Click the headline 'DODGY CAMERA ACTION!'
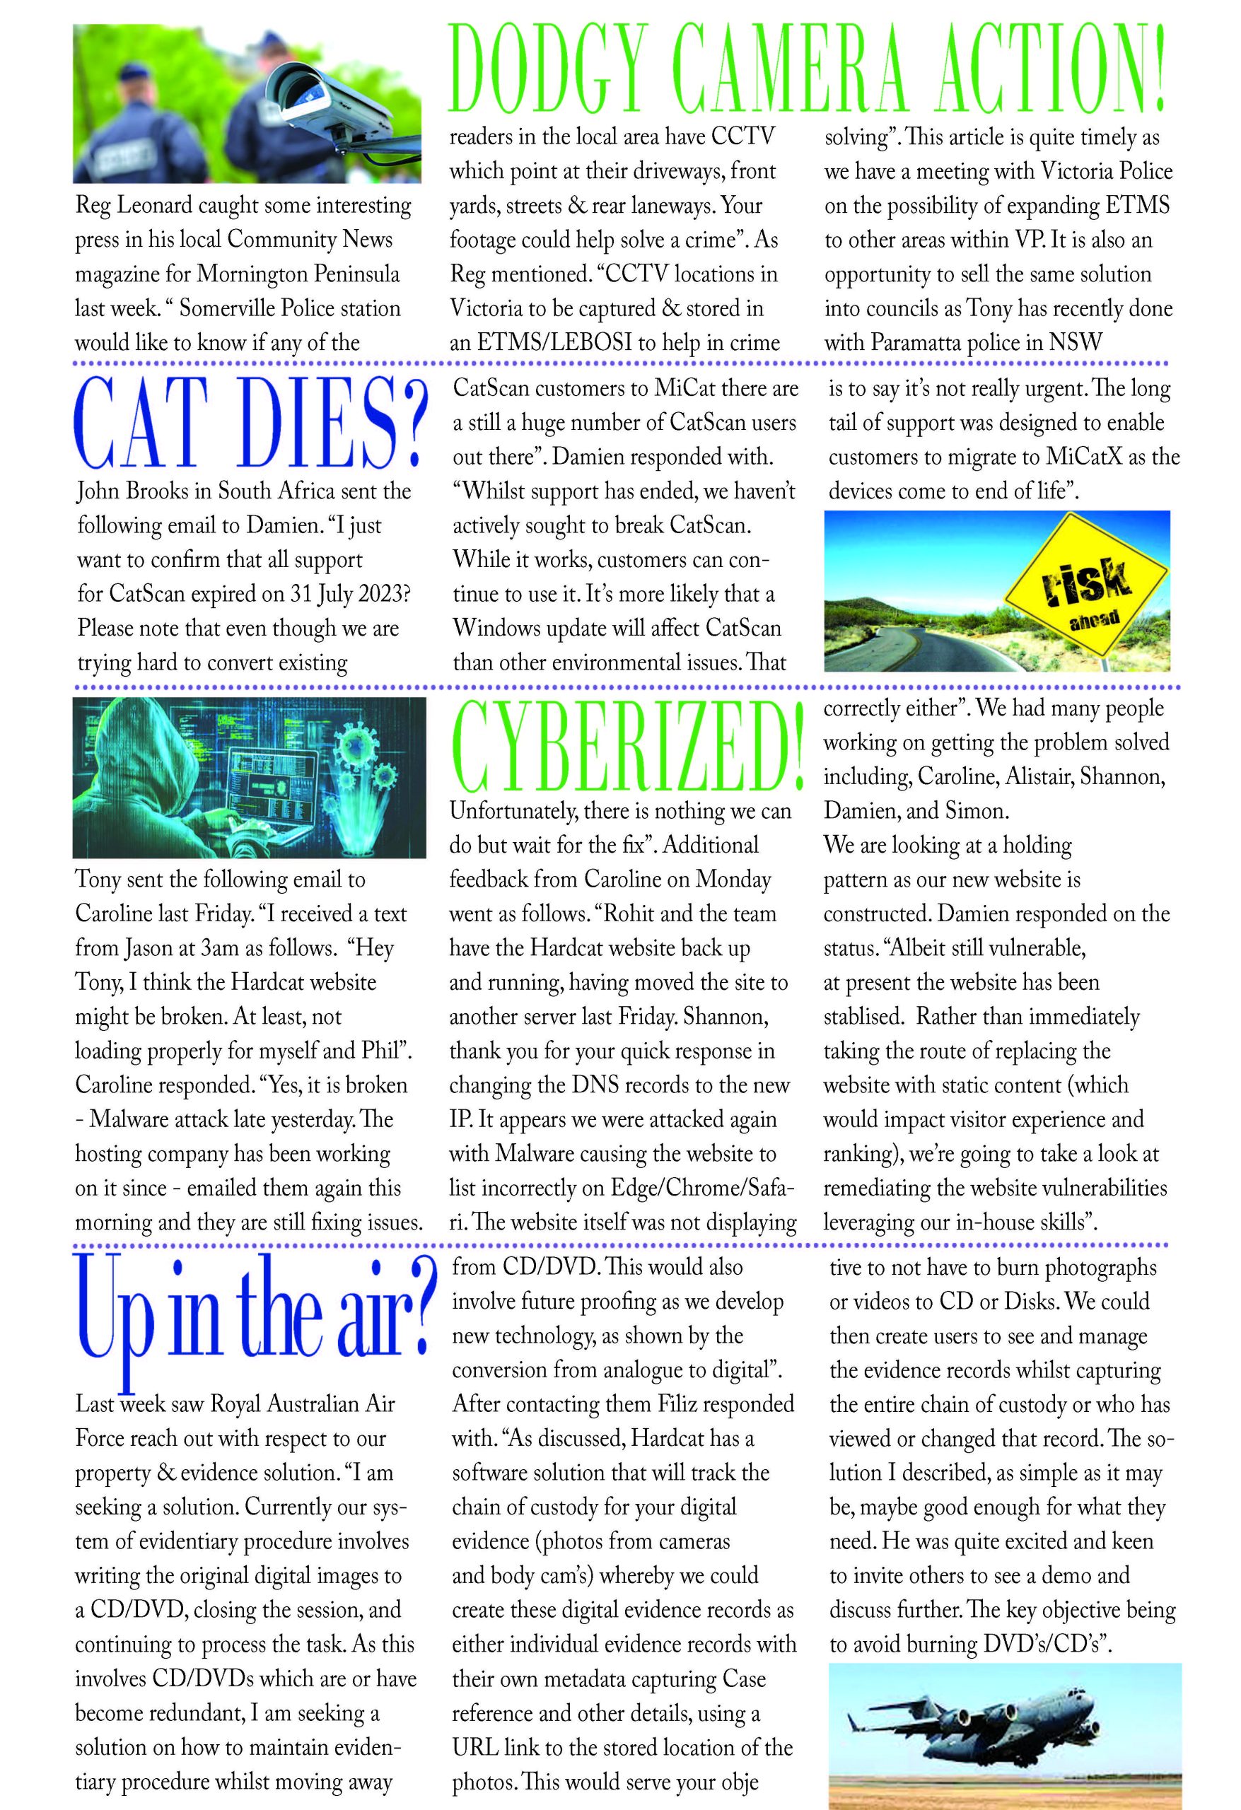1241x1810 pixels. (808, 70)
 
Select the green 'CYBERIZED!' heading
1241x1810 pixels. (627, 745)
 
